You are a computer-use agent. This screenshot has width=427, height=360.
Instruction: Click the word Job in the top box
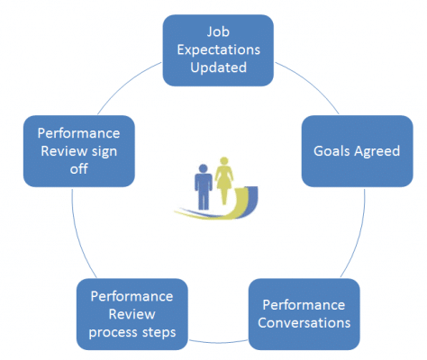click(x=218, y=31)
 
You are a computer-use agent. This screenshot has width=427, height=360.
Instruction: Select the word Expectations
click(x=218, y=49)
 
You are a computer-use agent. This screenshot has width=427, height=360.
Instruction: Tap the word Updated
click(x=218, y=67)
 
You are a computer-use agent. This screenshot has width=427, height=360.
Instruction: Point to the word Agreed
click(x=377, y=151)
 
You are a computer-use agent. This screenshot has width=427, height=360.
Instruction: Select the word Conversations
click(x=304, y=323)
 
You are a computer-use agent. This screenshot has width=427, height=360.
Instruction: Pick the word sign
click(x=104, y=151)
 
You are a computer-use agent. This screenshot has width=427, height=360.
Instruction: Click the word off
click(x=79, y=169)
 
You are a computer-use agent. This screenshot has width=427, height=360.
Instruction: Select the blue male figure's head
click(x=204, y=168)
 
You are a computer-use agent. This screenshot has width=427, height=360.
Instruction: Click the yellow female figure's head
click(x=224, y=161)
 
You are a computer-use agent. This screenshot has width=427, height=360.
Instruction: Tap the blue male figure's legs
click(x=204, y=200)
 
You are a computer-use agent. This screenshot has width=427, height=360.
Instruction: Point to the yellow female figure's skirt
click(x=224, y=183)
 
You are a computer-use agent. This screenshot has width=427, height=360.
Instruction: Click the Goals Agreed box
click(x=357, y=151)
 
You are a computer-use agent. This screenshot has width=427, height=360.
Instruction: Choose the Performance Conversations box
click(x=304, y=314)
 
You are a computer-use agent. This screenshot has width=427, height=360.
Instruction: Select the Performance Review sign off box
click(x=79, y=151)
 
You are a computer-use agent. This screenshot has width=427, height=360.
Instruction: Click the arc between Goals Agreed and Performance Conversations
click(x=359, y=234)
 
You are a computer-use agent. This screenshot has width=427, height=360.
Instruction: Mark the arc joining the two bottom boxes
click(x=218, y=342)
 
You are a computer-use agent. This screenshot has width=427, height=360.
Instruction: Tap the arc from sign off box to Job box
click(x=126, y=85)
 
